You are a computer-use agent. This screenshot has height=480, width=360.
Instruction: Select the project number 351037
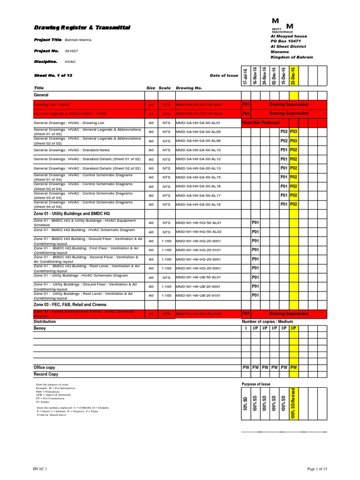71,51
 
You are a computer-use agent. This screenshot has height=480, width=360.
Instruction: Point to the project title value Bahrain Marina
78,40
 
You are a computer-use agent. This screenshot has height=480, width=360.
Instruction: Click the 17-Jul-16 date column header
245,75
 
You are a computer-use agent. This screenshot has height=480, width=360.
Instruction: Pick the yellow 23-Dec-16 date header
293,75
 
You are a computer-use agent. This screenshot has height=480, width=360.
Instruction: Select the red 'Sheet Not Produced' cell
260,123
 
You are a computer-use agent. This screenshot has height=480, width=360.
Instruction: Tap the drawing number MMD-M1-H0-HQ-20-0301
197,268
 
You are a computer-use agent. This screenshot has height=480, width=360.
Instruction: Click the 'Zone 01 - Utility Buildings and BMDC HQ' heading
74,214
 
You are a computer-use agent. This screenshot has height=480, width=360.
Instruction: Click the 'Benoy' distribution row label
40,329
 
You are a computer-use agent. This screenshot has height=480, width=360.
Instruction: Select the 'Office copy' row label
44,367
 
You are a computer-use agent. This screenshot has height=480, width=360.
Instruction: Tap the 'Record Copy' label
46,375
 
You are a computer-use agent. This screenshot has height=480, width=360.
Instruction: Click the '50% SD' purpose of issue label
245,405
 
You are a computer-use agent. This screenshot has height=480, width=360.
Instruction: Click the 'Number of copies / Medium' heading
267,322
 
